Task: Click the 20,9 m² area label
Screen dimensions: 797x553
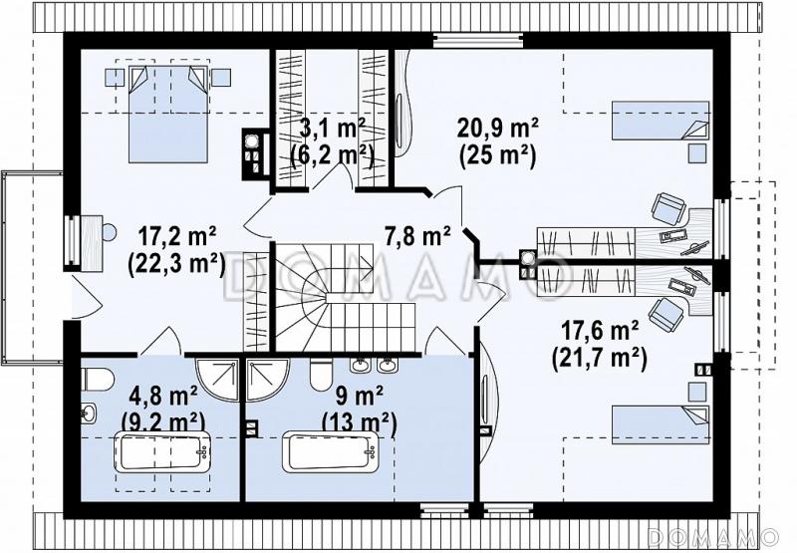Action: [498, 129]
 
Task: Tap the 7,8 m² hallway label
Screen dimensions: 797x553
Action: [417, 236]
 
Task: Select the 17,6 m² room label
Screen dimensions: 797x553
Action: [600, 332]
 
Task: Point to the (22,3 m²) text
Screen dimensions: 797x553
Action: [176, 263]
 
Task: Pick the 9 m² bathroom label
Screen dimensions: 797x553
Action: [360, 396]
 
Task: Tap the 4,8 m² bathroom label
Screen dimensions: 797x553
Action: [163, 396]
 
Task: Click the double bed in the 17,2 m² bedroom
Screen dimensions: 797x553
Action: [168, 113]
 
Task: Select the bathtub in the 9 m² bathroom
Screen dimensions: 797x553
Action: [330, 451]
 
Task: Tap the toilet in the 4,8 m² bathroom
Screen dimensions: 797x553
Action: [97, 379]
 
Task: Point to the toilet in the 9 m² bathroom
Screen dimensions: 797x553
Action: [321, 375]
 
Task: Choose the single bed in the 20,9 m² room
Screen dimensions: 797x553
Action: [661, 121]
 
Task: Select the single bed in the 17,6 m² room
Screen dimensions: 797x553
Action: [661, 424]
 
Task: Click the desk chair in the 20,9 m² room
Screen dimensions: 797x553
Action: [668, 208]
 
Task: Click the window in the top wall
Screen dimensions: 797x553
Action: [478, 41]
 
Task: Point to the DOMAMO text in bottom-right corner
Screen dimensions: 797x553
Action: [713, 537]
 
